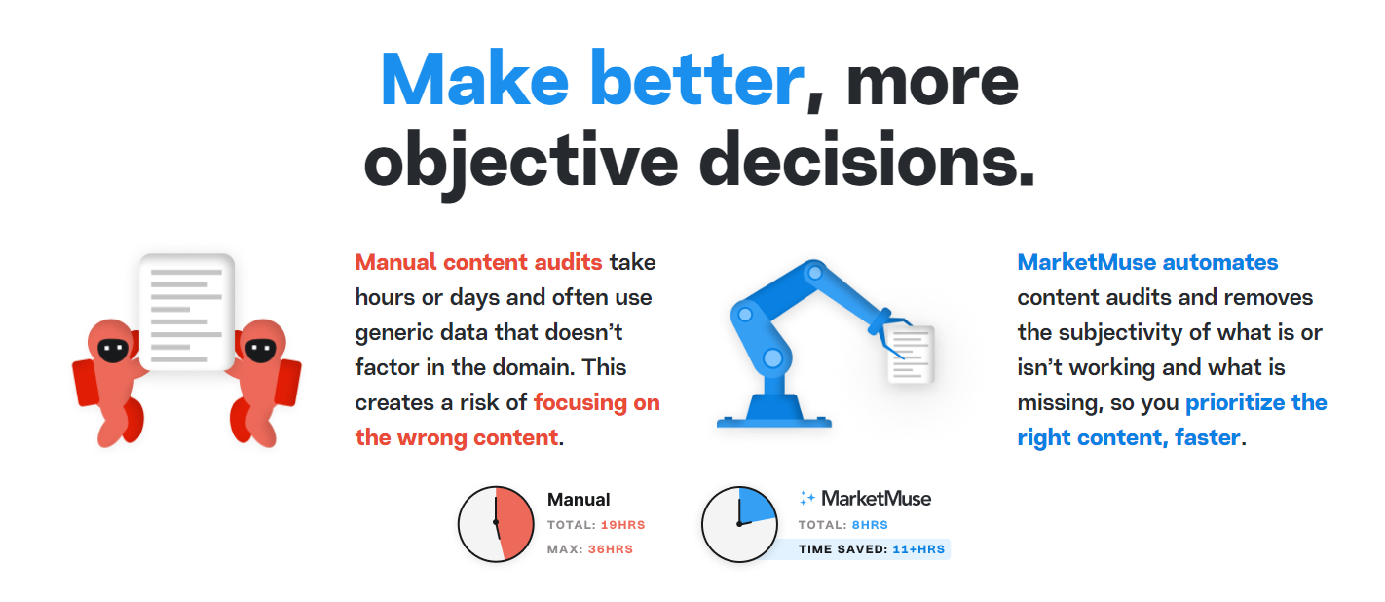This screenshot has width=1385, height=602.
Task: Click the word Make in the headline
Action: pyautogui.click(x=475, y=80)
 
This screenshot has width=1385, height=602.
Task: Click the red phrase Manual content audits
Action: pyautogui.click(x=478, y=262)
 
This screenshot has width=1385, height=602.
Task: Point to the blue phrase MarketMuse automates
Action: pyautogui.click(x=1147, y=262)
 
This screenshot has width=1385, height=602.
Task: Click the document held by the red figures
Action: pyautogui.click(x=187, y=312)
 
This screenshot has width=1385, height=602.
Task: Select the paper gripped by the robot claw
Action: pyautogui.click(x=911, y=355)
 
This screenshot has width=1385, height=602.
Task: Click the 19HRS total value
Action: pyautogui.click(x=622, y=525)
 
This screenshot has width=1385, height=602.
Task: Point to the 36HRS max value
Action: pyautogui.click(x=611, y=549)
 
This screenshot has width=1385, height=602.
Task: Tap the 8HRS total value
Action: pyautogui.click(x=870, y=525)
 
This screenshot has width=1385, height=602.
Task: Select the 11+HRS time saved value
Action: pyautogui.click(x=918, y=549)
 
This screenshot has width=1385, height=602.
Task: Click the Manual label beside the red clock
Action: pyautogui.click(x=579, y=499)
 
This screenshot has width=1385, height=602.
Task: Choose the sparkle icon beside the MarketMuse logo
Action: pyautogui.click(x=806, y=498)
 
